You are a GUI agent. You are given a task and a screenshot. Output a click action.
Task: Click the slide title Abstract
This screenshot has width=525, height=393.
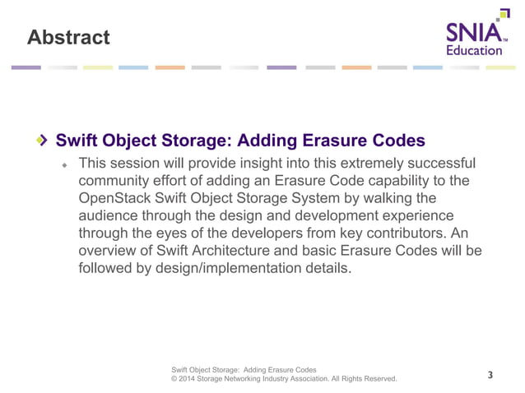coord(67,37)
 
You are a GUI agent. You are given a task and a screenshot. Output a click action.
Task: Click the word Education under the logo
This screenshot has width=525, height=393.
coord(473,50)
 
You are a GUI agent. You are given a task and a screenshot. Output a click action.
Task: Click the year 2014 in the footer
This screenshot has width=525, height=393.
coord(190,379)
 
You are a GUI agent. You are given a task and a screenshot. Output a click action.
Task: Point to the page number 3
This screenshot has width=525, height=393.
coord(490,376)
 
